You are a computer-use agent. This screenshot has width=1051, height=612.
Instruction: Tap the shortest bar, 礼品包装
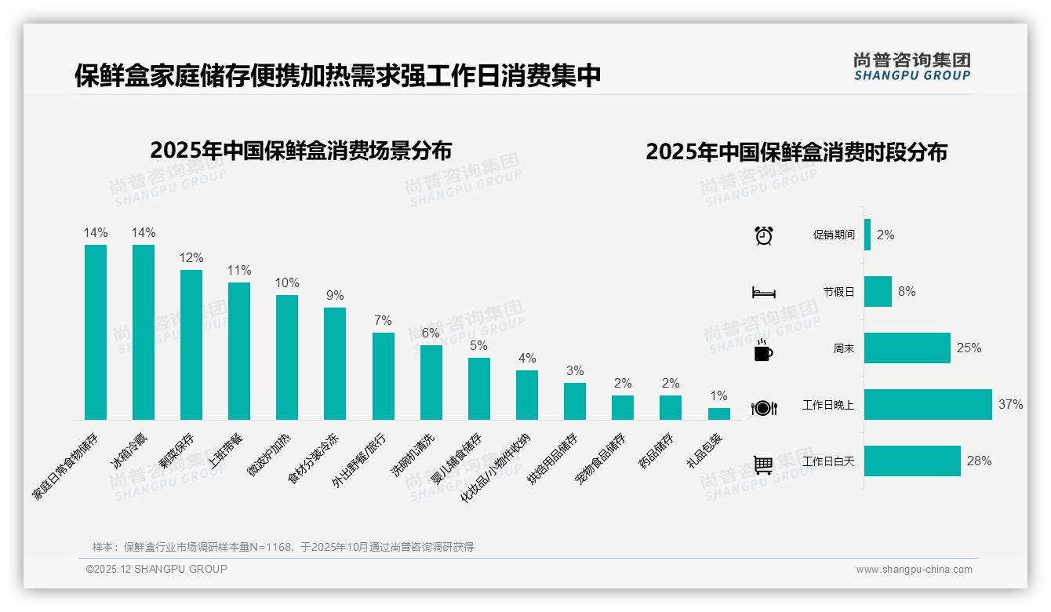(718, 413)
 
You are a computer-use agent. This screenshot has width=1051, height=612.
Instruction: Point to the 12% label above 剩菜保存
(191, 258)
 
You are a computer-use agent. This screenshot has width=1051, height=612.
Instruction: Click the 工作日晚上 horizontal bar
(927, 404)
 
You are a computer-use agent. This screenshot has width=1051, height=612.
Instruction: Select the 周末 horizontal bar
(907, 348)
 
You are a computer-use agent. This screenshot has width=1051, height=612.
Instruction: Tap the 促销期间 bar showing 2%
(867, 235)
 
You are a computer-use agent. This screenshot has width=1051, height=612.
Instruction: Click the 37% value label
(1010, 405)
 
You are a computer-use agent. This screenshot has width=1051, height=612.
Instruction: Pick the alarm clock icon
(763, 235)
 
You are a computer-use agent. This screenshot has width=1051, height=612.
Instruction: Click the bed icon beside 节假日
(763, 293)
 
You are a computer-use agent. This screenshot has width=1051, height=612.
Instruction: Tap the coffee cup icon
(763, 350)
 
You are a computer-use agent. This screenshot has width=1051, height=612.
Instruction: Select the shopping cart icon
(763, 464)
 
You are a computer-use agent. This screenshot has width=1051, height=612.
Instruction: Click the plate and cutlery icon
(763, 407)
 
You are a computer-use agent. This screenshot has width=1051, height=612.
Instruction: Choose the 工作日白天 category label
(828, 461)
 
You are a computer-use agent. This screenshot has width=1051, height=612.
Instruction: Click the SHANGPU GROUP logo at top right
(911, 67)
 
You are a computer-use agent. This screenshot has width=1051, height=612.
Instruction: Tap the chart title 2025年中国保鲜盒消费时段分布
(796, 152)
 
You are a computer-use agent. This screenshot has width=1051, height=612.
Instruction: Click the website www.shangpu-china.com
(914, 570)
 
